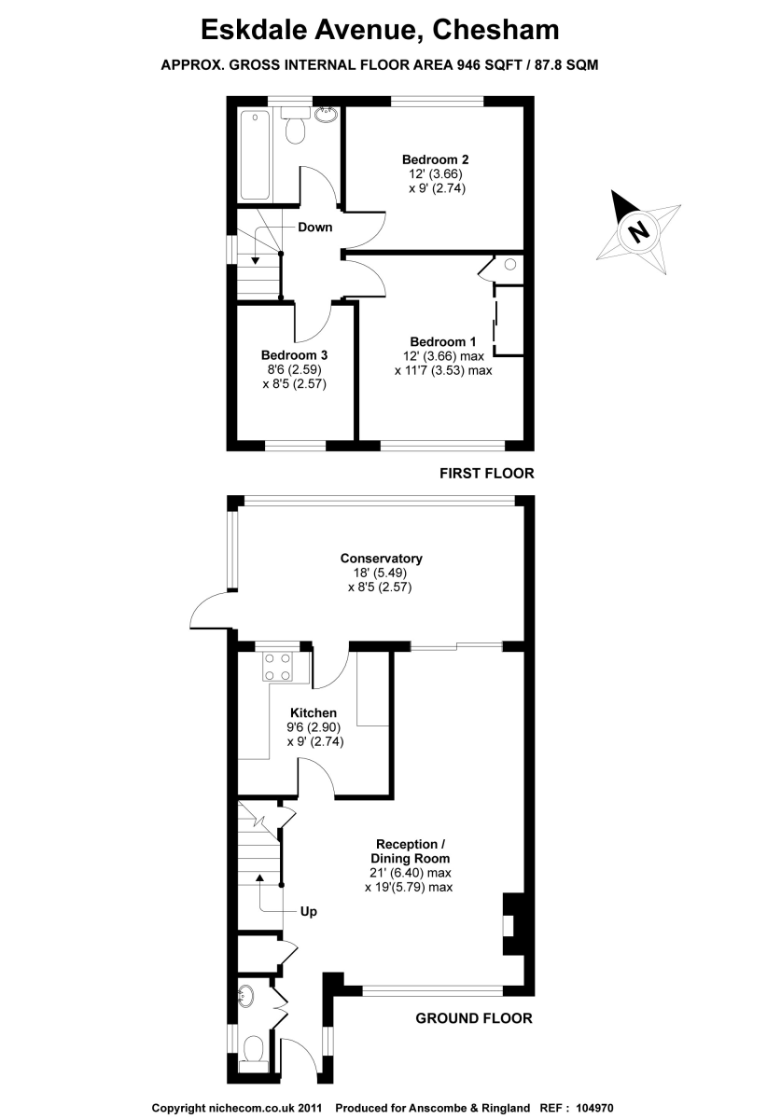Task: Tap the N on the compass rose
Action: tap(638, 230)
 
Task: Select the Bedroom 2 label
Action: tap(435, 159)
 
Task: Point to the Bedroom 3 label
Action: tap(294, 355)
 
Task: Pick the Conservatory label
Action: tap(381, 559)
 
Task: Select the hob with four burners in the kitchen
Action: tap(277, 665)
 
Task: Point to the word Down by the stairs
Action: tap(315, 227)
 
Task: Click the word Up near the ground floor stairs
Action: tap(308, 911)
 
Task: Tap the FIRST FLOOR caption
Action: tap(487, 474)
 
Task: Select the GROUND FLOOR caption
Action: tap(474, 1018)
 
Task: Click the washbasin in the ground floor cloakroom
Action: tap(246, 997)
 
